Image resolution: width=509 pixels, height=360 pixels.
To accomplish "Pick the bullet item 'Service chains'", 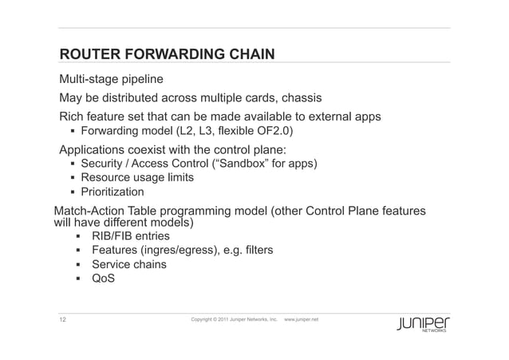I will (x=129, y=265).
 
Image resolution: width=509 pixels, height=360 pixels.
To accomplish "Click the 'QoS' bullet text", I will (x=104, y=279).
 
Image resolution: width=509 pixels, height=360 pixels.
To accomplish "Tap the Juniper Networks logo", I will (x=426, y=324).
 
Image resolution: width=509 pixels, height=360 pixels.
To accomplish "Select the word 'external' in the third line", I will (x=325, y=117).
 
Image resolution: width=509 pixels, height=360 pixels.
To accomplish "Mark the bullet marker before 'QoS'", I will (x=78, y=279).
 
